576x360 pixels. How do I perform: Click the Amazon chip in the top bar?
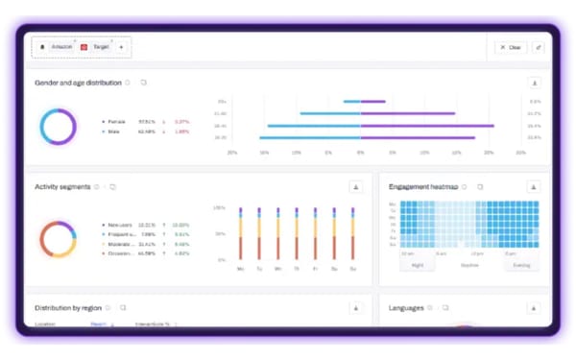(59, 46)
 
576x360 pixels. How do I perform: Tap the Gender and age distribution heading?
(78, 83)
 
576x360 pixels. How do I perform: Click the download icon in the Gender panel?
(535, 84)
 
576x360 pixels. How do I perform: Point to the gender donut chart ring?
(58, 127)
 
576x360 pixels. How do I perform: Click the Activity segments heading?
(61, 187)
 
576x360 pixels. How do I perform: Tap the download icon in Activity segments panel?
(355, 187)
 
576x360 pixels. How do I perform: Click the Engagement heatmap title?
(422, 187)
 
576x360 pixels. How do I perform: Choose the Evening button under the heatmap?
(520, 265)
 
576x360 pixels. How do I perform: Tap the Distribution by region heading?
(67, 308)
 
